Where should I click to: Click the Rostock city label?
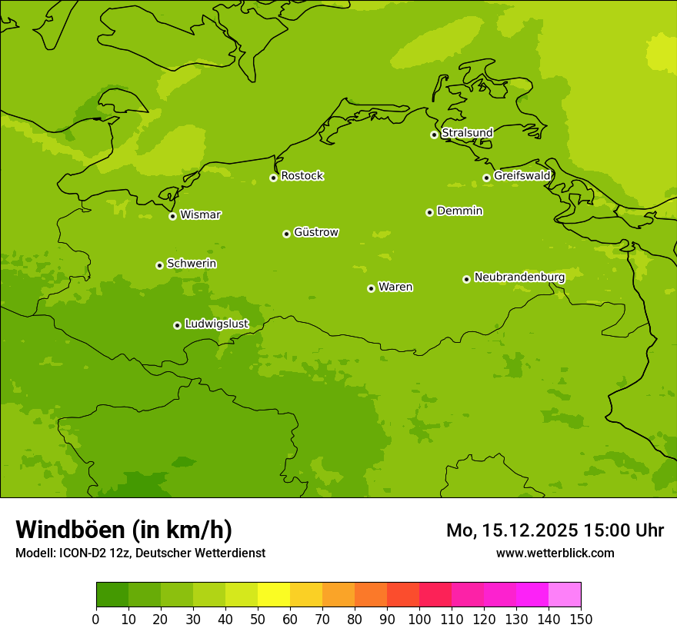tap(302, 176)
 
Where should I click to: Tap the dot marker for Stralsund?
tap(434, 135)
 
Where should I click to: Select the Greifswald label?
tap(522, 176)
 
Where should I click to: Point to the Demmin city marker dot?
tap(429, 212)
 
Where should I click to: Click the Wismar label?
tap(200, 215)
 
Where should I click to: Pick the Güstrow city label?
tap(315, 232)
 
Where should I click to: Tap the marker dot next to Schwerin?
tap(159, 265)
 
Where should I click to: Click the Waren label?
tap(395, 287)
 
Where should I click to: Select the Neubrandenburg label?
tap(519, 277)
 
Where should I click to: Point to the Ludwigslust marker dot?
tap(177, 325)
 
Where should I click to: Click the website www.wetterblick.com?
tap(555, 553)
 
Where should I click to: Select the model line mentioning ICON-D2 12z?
tap(140, 553)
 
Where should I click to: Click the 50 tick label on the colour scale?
tap(257, 619)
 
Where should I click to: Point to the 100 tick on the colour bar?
tap(419, 619)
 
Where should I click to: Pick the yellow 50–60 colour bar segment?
tap(274, 594)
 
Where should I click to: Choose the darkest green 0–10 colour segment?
tap(112, 594)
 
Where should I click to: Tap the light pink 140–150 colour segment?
tap(565, 594)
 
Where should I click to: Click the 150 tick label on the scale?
tap(581, 619)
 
